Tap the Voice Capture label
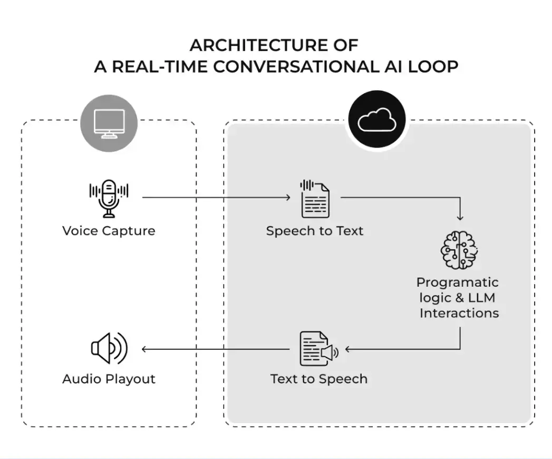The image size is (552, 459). [109, 231]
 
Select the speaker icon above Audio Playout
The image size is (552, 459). [109, 348]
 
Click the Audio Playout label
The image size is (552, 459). [109, 379]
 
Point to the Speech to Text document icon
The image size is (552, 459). [315, 199]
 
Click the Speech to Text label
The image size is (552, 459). [315, 231]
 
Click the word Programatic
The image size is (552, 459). [458, 282]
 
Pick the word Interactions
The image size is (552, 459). [459, 313]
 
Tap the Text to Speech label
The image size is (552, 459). [319, 379]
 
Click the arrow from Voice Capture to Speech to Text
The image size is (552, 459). [216, 198]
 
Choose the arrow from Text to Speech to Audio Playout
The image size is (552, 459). [216, 349]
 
